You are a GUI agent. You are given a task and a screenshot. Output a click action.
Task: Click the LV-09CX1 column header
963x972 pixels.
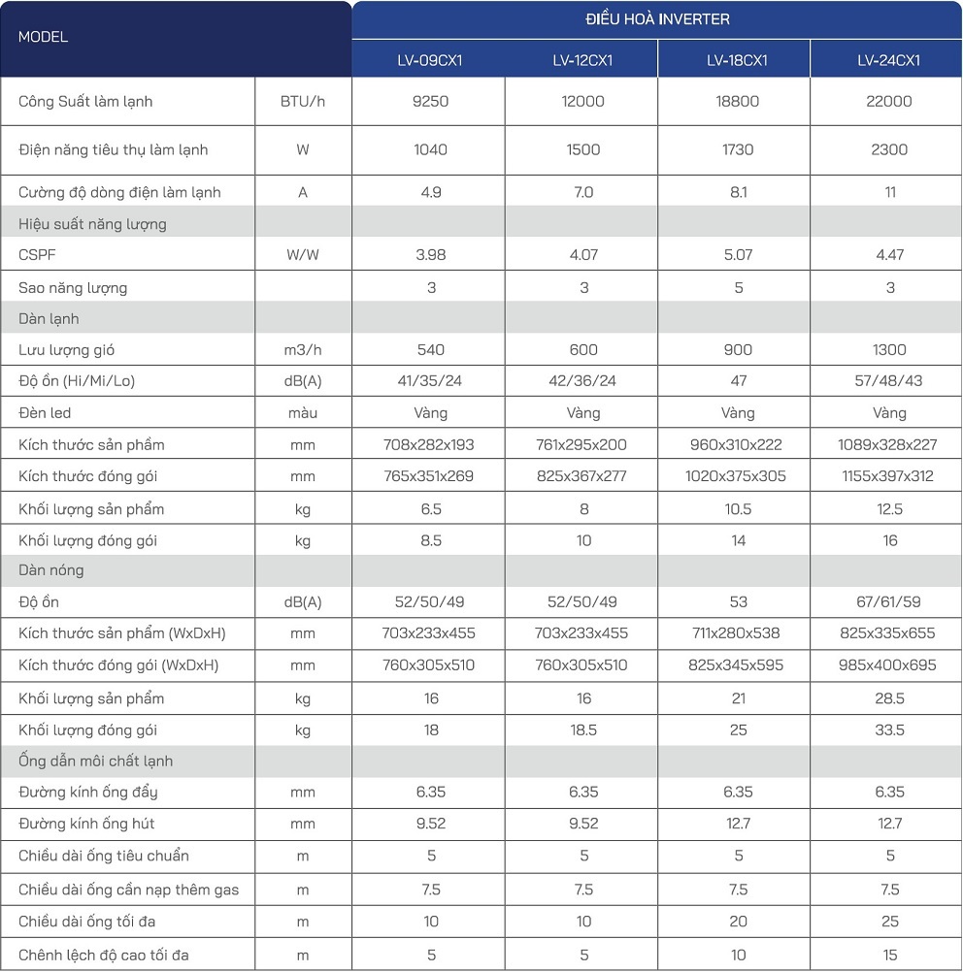(x=429, y=60)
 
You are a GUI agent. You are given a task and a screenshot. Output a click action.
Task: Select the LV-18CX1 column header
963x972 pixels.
(x=737, y=60)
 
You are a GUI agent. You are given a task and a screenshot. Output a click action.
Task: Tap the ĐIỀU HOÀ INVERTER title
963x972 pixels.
(x=657, y=19)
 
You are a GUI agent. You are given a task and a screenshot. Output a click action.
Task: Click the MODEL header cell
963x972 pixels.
(x=44, y=38)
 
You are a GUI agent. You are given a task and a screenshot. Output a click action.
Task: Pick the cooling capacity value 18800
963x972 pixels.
(x=737, y=102)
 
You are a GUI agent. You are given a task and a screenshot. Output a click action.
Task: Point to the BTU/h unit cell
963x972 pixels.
(x=303, y=102)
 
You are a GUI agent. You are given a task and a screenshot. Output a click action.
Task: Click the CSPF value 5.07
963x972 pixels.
(x=737, y=256)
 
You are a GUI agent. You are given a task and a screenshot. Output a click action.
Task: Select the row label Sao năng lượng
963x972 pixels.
(x=73, y=288)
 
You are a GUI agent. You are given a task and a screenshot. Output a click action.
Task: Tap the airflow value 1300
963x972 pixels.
(x=888, y=350)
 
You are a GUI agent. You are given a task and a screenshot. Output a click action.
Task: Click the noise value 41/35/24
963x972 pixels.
(x=430, y=381)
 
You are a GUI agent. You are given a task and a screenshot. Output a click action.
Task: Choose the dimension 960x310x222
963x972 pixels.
(x=737, y=445)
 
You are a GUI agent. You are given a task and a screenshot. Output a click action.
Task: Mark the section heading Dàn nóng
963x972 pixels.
(x=51, y=570)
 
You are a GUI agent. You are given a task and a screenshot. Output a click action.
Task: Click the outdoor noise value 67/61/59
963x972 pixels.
(x=888, y=602)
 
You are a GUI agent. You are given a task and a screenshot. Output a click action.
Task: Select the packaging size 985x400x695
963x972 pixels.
(x=888, y=665)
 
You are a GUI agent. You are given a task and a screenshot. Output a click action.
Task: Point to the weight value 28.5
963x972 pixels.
(x=888, y=699)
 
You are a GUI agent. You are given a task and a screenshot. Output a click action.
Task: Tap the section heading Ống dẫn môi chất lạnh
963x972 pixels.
(x=95, y=761)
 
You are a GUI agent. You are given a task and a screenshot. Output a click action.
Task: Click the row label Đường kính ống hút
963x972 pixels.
(x=86, y=825)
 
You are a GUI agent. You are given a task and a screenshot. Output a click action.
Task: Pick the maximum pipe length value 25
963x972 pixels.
(x=888, y=922)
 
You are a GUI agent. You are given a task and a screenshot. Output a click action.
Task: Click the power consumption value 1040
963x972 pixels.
(x=430, y=150)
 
